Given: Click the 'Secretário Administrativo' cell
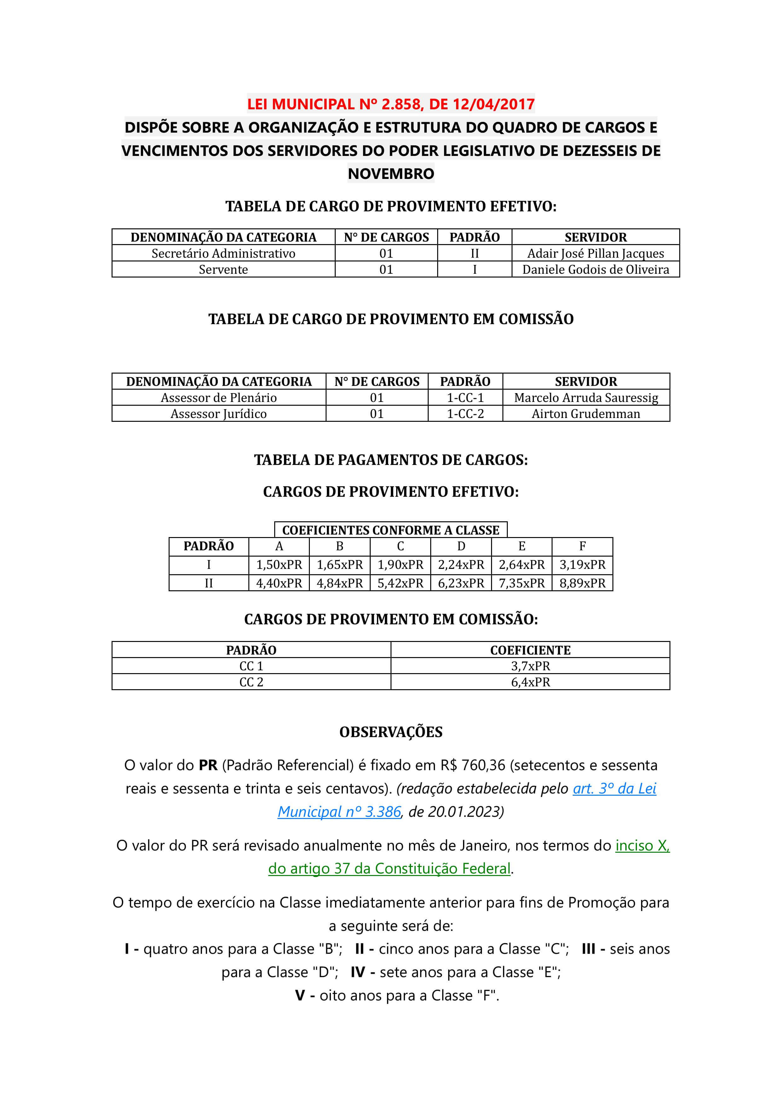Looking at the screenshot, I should (223, 253).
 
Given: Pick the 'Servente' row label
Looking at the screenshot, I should (223, 270).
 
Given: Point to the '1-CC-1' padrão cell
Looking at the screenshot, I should (465, 398).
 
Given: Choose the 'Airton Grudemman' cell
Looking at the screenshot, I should (586, 414).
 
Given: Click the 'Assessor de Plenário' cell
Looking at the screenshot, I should (219, 398).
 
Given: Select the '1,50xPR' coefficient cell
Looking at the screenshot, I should (279, 564).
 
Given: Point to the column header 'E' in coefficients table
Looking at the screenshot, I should (522, 546).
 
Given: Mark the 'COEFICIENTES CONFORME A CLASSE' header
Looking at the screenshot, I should (391, 530).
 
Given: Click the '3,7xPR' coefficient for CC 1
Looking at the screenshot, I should (530, 666).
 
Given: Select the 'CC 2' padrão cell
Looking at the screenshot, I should (251, 682).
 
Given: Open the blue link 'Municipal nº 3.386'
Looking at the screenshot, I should (339, 812).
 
